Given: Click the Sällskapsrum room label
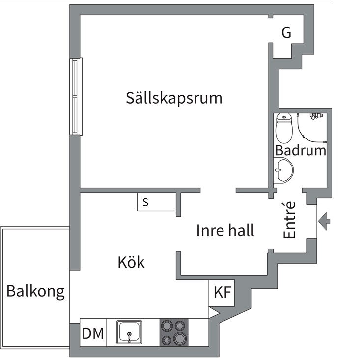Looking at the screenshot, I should pos(174,98).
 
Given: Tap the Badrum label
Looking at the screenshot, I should pos(300,150).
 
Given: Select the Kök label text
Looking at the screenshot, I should pos(131,262).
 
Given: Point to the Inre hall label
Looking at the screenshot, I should pos(225,230).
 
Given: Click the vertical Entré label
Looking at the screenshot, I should pos(290,220).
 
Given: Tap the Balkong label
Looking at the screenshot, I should pos(35,291).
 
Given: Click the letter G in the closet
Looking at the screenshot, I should pos(286,33).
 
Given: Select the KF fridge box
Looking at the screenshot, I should pos(222,293).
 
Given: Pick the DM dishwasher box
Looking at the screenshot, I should pos(93,333).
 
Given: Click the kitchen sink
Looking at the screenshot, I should pos(129,332).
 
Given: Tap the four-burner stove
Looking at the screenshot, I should pos(174,332).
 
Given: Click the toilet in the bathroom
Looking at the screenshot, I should pos(283,128).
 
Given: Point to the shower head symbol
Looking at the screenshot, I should pos(315,116).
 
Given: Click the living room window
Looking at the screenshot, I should pos(76,96).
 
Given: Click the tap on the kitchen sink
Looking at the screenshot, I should pos(129,336).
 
